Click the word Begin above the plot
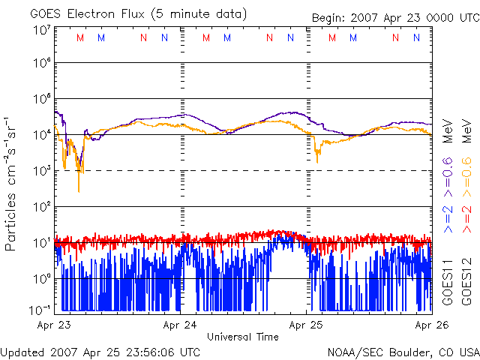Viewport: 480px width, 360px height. point(331,18)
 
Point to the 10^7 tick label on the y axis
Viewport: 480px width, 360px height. point(41,30)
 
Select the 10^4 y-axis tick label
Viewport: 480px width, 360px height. point(41,135)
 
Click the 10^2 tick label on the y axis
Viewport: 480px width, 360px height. point(41,206)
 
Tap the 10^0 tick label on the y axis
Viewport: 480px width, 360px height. point(41,278)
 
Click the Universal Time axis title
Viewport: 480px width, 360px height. point(243,337)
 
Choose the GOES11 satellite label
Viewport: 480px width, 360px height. point(447,281)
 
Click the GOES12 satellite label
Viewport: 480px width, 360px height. point(466,281)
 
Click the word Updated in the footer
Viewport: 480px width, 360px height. point(22,351)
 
